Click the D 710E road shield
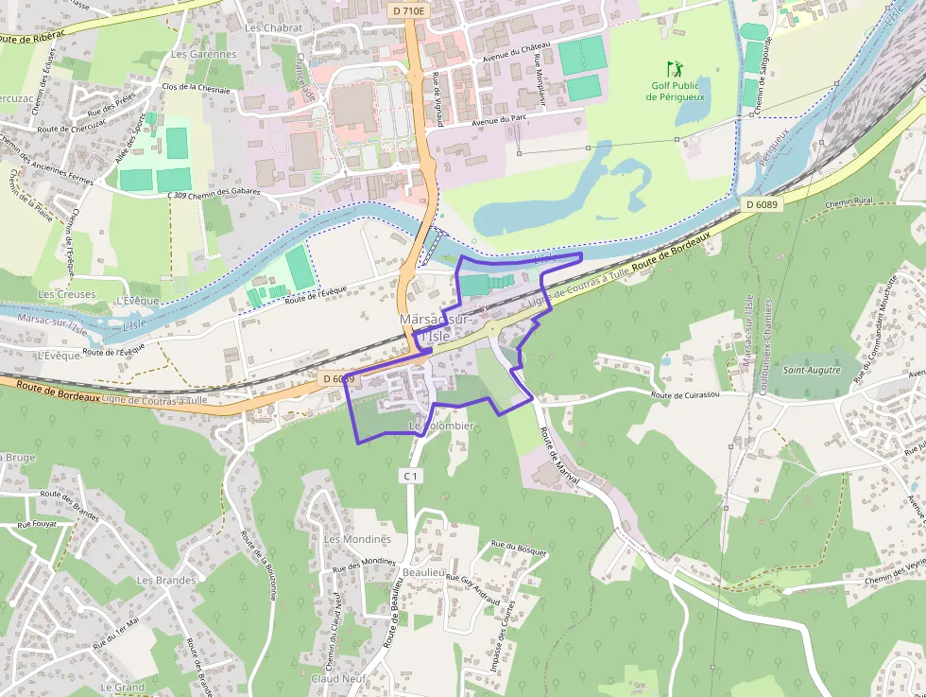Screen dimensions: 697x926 pyautogui.click(x=406, y=10)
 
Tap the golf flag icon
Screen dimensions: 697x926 pyautogui.click(x=674, y=69)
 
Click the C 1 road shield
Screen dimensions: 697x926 pyautogui.click(x=409, y=476)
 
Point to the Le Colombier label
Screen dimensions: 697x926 pyautogui.click(x=440, y=427)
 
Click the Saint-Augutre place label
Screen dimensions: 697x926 pyautogui.click(x=811, y=370)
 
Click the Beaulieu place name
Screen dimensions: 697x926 pyautogui.click(x=423, y=573)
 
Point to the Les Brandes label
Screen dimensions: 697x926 pyautogui.click(x=166, y=580)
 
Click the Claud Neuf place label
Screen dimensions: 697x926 pyautogui.click(x=338, y=678)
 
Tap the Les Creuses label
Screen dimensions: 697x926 pyautogui.click(x=66, y=294)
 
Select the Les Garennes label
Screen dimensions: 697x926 pyautogui.click(x=204, y=54)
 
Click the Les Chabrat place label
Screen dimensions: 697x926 pyautogui.click(x=273, y=28)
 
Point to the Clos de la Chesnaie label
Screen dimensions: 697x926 pyautogui.click(x=196, y=87)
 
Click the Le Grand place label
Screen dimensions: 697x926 pyautogui.click(x=123, y=687)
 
